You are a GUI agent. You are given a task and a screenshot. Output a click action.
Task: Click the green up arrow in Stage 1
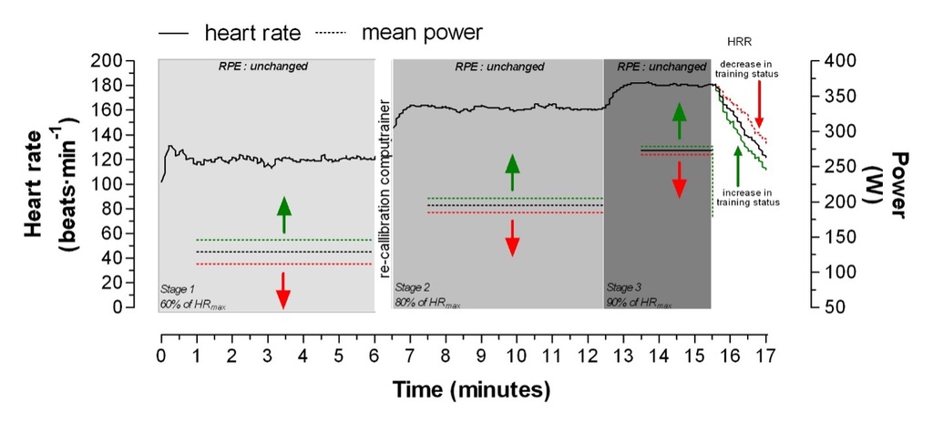pyautogui.click(x=283, y=215)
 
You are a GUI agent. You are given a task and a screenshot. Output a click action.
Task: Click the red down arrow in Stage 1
pyautogui.click(x=283, y=289)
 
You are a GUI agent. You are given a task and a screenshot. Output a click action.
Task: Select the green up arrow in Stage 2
pyautogui.click(x=512, y=172)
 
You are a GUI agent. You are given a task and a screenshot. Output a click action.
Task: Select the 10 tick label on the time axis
pyautogui.click(x=517, y=354)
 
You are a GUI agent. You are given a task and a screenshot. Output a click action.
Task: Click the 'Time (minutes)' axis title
pyautogui.click(x=471, y=390)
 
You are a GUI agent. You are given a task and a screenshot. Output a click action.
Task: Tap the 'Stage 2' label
pyautogui.click(x=415, y=286)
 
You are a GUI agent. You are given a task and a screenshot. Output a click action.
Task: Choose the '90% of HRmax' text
pyautogui.click(x=640, y=301)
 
